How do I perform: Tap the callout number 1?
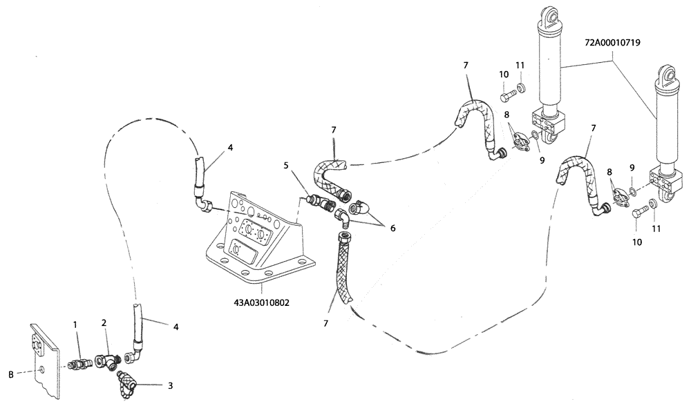(77, 324)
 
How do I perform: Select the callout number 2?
(104, 322)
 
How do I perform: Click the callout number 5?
(285, 166)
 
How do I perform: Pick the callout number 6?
(392, 227)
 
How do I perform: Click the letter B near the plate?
(10, 374)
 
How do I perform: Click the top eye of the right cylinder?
(665, 75)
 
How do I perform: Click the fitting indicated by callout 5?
(319, 202)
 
